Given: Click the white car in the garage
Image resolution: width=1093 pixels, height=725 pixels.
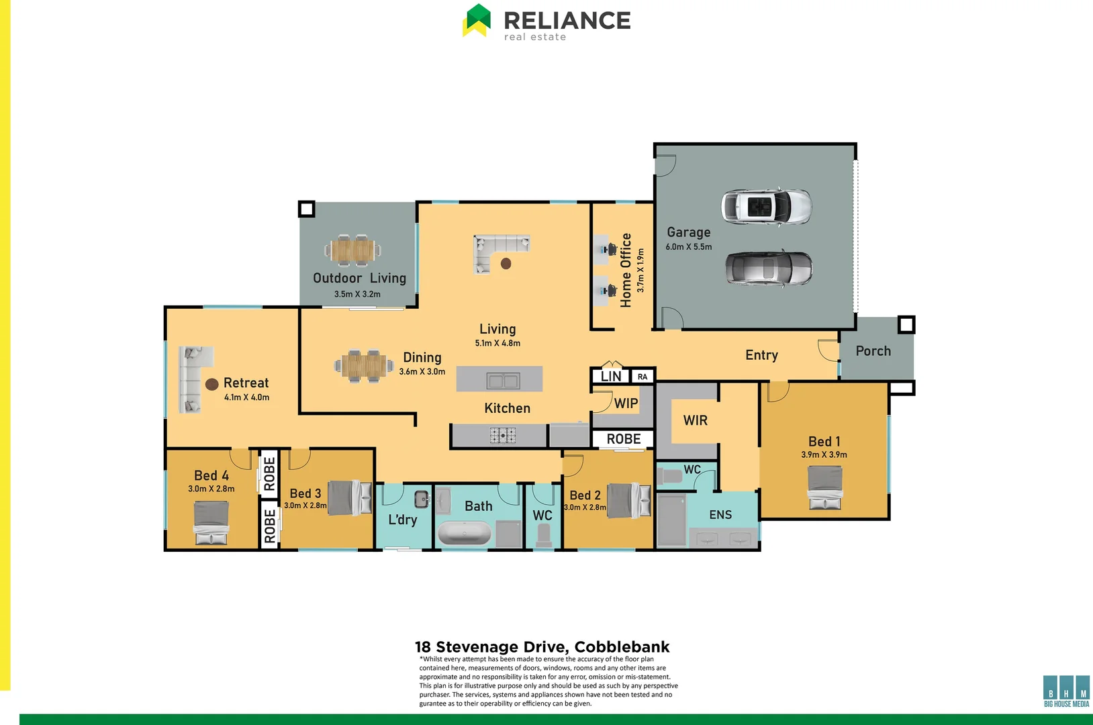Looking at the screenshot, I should point(766,206).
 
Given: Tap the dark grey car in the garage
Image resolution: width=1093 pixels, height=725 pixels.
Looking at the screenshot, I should point(768,268).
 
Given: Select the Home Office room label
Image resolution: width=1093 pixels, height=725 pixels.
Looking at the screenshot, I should point(626,270).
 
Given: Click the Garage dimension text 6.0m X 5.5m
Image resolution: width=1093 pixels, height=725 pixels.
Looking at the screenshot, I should point(689,247).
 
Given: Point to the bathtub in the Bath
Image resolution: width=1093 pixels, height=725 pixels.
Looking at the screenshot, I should point(465,534).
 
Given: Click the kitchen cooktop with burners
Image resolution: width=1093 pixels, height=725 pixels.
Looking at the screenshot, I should point(502,436).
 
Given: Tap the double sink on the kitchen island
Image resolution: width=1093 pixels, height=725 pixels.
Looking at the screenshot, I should point(503,381).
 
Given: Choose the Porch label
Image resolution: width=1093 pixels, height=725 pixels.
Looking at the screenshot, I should point(873,351).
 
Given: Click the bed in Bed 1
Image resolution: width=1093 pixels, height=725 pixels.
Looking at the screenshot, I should point(824,487).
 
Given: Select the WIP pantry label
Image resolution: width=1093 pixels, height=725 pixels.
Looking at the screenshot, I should point(626,403).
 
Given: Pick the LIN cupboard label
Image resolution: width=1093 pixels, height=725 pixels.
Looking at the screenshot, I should point(611,377).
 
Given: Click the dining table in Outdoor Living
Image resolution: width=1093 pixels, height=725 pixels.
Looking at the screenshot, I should point(353,250).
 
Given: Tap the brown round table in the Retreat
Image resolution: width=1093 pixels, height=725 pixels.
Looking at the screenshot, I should point(211,384).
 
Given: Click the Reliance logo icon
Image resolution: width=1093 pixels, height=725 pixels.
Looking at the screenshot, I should point(477,20).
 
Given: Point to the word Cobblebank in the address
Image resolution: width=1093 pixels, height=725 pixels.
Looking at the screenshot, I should point(622,647).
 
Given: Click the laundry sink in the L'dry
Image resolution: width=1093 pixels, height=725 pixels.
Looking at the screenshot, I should point(421,499).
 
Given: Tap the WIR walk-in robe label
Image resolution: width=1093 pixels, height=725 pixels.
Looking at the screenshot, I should point(695,420).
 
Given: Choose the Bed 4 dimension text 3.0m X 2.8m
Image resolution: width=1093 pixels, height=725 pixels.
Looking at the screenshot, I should point(211,489).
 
